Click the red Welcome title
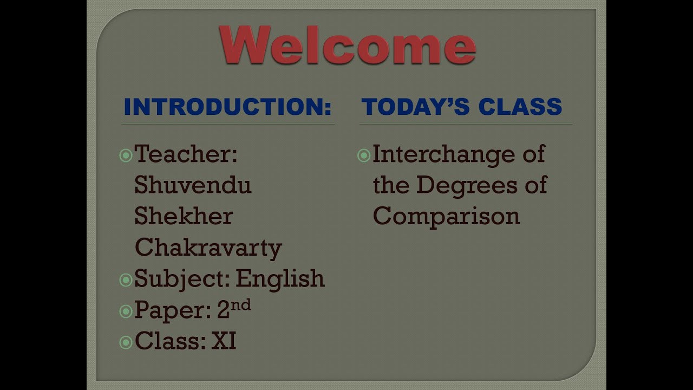click(x=347, y=44)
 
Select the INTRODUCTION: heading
click(x=227, y=107)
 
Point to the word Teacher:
click(x=186, y=154)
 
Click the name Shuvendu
click(x=193, y=185)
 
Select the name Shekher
click(x=184, y=217)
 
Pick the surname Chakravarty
click(x=208, y=248)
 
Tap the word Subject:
click(x=182, y=279)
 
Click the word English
click(x=280, y=279)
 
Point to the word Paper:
click(x=173, y=310)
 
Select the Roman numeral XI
click(x=224, y=341)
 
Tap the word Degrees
click(x=461, y=185)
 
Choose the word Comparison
click(x=446, y=217)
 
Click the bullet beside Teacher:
click(x=126, y=156)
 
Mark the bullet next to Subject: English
click(x=126, y=280)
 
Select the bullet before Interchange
click(x=364, y=156)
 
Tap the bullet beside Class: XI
click(x=126, y=342)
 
